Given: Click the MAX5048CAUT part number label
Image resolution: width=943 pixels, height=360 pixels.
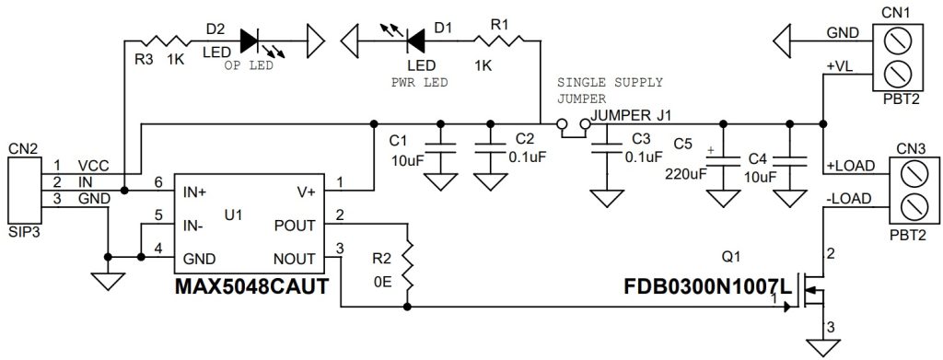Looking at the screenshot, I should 251,286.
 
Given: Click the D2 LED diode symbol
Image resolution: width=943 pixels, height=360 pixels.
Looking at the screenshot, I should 253,40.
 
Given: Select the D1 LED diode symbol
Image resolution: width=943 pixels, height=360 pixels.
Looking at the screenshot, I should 413,40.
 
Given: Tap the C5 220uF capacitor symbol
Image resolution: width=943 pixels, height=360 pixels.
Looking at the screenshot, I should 721,160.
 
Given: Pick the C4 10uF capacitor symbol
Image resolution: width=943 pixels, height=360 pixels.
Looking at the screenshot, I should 788,160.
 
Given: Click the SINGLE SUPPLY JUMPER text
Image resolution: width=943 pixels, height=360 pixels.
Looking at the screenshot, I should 609,88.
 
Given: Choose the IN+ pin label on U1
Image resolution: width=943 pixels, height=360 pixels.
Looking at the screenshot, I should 195,192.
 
